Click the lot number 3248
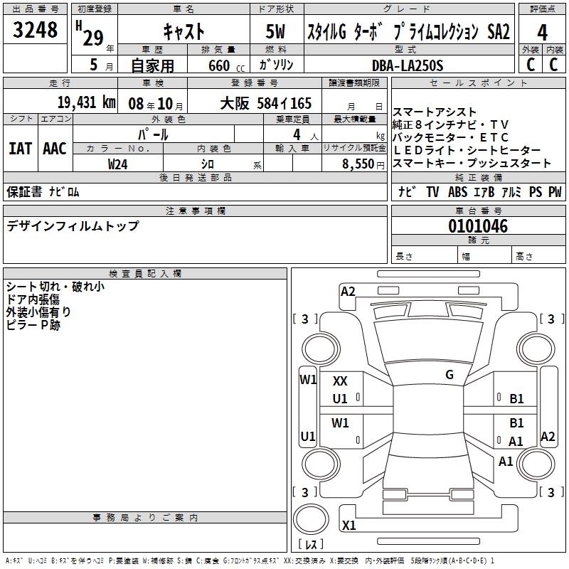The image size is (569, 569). coord(36,31)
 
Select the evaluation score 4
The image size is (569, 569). coord(542,33)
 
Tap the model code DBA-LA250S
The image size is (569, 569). coord(407,65)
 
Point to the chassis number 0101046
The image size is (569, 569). coord(478,227)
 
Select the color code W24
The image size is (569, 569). coord(118,164)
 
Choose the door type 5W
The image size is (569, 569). coord(277,32)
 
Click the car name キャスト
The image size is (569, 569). coord(184,32)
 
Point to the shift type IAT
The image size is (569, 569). coord(20,149)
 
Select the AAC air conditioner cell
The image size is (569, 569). coord(55,149)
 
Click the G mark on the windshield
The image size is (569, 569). coord(449,375)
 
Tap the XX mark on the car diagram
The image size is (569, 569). coord(340,381)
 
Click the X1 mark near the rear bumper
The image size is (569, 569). coord(349,526)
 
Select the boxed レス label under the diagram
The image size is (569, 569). coord(310,544)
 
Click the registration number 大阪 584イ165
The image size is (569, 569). coord(265,103)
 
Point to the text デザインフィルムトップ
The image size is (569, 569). coord(73,226)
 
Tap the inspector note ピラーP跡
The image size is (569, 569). coord(33,325)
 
